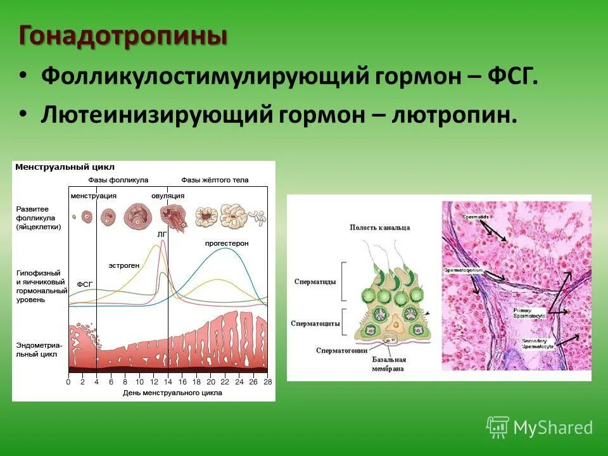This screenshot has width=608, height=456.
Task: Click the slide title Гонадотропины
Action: tap(123, 35)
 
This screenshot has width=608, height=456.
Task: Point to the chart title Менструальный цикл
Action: tap(65, 167)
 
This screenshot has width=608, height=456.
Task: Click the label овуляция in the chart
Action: tap(168, 196)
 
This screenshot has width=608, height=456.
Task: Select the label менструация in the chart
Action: tap(93, 196)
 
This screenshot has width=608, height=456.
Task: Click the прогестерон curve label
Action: tap(226, 243)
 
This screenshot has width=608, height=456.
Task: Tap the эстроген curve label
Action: tap(123, 265)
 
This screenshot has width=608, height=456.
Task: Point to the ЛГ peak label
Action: tap(161, 234)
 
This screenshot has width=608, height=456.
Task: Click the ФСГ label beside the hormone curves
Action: tap(85, 284)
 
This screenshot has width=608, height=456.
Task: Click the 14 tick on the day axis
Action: tap(168, 383)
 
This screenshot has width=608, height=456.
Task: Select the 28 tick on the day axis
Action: tap(267, 383)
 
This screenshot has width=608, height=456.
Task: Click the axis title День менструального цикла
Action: tap(172, 393)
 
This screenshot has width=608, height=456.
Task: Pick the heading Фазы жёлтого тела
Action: tap(215, 180)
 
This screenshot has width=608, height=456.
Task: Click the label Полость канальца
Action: tap(379, 227)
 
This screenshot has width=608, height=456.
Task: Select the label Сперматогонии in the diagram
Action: tap(343, 350)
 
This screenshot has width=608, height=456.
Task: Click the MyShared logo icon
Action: tap(497, 427)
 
